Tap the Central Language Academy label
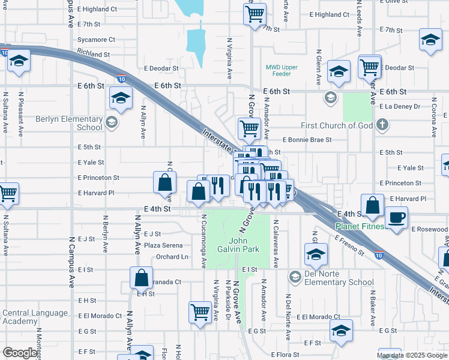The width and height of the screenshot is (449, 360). click(35, 317)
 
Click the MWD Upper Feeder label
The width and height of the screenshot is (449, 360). click(282, 71)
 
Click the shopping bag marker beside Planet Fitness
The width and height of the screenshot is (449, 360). click(373, 205)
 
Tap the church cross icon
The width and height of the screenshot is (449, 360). click(381, 125)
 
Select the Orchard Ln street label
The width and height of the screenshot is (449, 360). click(172, 257)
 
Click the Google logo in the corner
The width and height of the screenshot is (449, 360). click(20, 353)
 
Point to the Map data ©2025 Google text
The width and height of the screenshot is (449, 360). click(411, 355)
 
